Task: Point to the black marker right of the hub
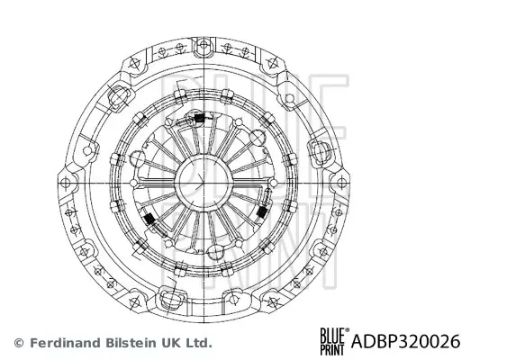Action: [x=261, y=212]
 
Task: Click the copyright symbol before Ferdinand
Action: [x=19, y=343]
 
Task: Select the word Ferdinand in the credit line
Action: [x=61, y=343]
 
